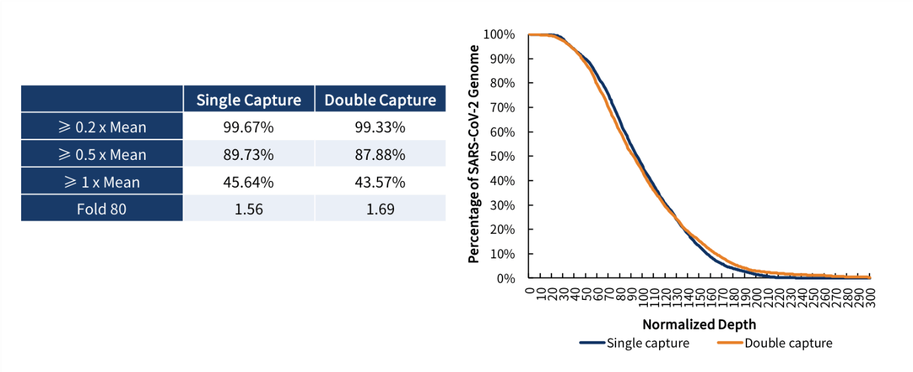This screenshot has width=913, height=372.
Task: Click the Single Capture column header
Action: (249, 100)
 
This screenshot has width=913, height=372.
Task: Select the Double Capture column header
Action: (380, 100)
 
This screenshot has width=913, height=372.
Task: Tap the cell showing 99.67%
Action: (249, 127)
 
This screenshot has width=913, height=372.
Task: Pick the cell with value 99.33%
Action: (380, 127)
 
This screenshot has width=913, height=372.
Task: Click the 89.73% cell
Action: (249, 155)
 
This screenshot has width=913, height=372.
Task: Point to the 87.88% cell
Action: (380, 155)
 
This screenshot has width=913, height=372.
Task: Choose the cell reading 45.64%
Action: (249, 182)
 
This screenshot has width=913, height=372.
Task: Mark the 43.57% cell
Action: (380, 182)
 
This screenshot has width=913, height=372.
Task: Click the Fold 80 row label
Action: (102, 209)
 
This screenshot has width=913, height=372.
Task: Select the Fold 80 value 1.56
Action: (249, 209)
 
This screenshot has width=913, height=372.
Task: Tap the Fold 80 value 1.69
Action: (380, 209)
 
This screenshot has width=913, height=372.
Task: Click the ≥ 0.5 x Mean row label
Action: (102, 155)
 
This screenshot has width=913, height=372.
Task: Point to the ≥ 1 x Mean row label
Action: (102, 182)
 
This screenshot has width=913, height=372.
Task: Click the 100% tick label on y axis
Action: (499, 34)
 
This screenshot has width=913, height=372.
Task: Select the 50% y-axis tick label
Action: (502, 157)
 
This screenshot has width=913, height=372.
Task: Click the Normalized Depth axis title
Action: (699, 324)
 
